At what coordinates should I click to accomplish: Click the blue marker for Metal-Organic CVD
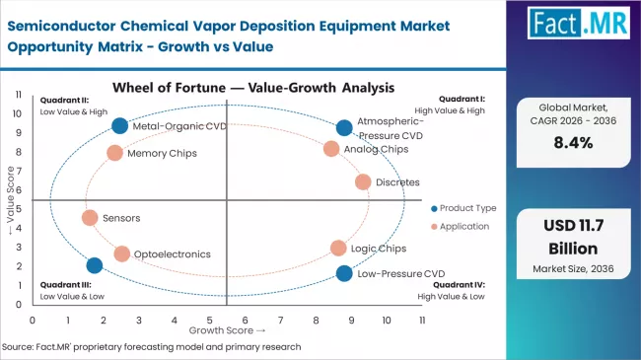(x=119, y=125)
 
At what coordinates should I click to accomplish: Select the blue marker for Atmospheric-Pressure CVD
(x=343, y=127)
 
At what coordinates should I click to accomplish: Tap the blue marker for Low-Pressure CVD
(x=343, y=273)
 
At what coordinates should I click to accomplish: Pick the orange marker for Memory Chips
(x=114, y=153)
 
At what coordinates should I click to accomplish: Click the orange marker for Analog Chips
(x=331, y=149)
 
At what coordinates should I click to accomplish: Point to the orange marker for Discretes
(x=363, y=181)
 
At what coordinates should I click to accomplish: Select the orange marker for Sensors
(x=90, y=218)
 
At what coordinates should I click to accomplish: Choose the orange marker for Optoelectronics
(x=121, y=253)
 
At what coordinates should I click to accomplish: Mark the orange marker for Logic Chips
(x=338, y=249)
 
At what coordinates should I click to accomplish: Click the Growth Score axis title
(x=229, y=330)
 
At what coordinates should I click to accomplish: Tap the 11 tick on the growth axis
(x=422, y=321)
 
